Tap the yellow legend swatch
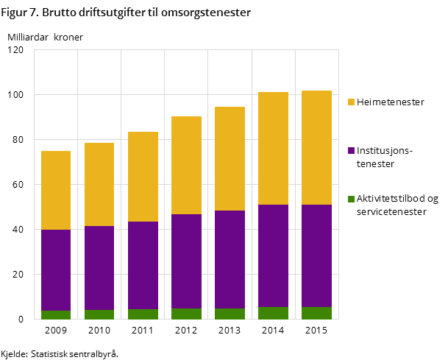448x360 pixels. [x=351, y=102]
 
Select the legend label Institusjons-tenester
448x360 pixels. [x=385, y=157]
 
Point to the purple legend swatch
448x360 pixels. [x=351, y=151]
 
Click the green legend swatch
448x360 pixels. [x=351, y=199]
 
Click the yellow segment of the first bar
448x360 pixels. [x=56, y=190]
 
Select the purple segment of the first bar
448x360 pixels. [x=56, y=270]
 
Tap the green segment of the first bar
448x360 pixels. [x=56, y=314]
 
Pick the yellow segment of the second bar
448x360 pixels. [x=99, y=184]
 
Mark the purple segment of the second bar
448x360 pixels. [x=99, y=268]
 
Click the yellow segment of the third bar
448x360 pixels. [x=143, y=177]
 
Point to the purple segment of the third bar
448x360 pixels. [x=143, y=265]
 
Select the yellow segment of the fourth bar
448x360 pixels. [x=186, y=165]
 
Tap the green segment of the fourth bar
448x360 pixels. [x=186, y=314]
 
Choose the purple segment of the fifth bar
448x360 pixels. [x=230, y=259]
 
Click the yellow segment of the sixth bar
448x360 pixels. [x=273, y=148]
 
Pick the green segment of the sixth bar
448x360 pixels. [x=273, y=313]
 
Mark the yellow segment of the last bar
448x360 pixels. [x=316, y=147]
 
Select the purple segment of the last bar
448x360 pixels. [x=316, y=255]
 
